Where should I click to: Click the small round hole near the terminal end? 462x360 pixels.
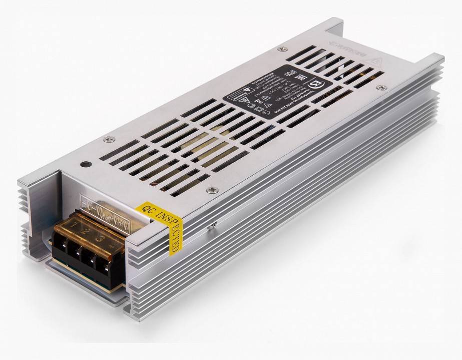(84, 164)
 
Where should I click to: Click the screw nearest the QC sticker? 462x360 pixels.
(211, 189)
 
